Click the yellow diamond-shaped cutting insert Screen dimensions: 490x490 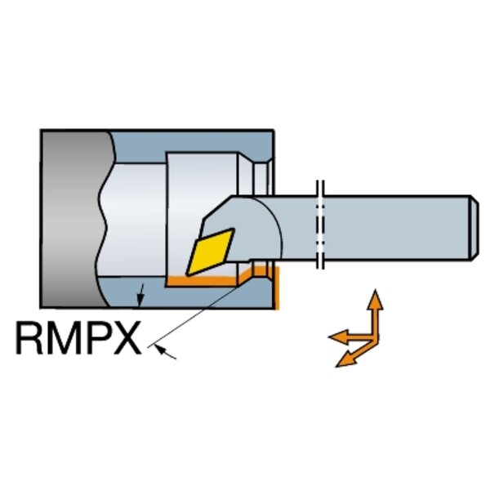tap(210, 252)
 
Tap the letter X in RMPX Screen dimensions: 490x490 tap(126, 338)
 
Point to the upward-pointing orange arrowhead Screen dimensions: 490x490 tap(375, 300)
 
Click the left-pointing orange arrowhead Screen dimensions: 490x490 tap(338, 337)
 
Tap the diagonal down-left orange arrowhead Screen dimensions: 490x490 tap(345, 359)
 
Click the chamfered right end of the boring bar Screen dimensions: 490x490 tap(474, 228)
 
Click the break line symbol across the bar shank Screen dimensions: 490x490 tap(320, 225)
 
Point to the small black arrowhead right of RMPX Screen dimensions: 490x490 tap(160, 349)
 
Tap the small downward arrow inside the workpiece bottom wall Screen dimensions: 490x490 tap(141, 296)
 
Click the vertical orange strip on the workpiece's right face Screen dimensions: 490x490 tap(276, 287)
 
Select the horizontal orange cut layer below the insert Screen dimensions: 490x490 tap(203, 281)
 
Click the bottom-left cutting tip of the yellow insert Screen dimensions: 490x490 tap(187, 275)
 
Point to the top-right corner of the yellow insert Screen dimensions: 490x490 tap(234, 229)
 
